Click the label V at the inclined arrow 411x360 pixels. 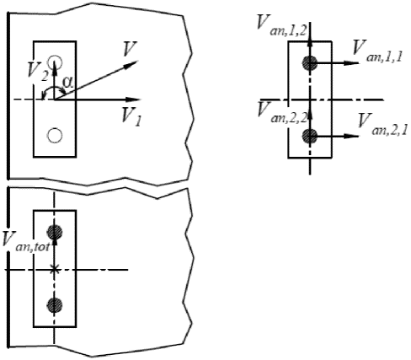[130, 49]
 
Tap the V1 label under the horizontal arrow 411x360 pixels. [131, 116]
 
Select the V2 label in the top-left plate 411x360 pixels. [38, 72]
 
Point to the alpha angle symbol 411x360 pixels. [68, 82]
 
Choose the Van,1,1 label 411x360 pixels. [378, 51]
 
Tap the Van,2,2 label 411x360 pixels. [282, 112]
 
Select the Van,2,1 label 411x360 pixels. [382, 124]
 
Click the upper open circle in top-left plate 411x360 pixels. [55, 62]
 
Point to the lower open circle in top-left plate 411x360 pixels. [55, 136]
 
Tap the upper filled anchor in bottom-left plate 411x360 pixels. [55, 232]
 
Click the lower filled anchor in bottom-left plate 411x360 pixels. [55, 305]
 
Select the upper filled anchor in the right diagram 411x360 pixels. [310, 63]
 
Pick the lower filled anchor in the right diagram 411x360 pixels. [310, 136]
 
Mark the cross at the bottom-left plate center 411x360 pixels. [55, 270]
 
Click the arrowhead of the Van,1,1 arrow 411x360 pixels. [352, 63]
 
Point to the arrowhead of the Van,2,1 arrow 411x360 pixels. [352, 136]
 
